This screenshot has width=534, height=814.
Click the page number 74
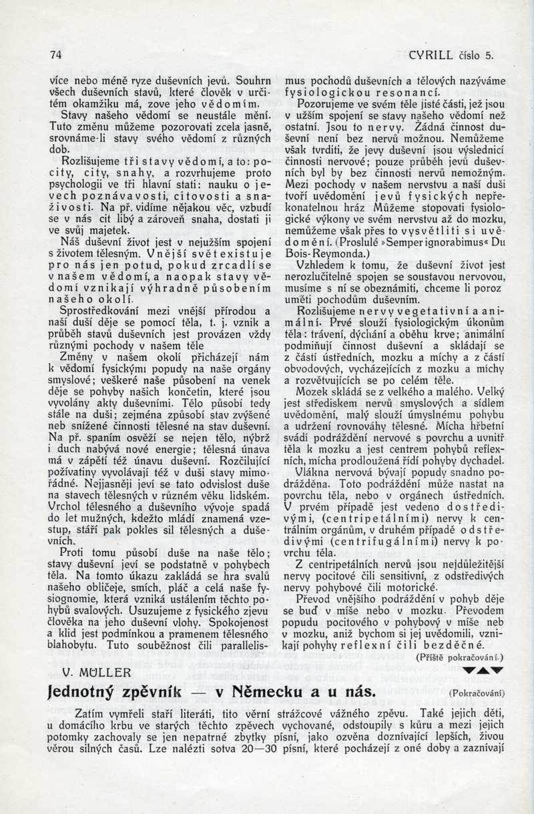pos(55,55)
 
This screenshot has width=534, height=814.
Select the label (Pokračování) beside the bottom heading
pos(477,693)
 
